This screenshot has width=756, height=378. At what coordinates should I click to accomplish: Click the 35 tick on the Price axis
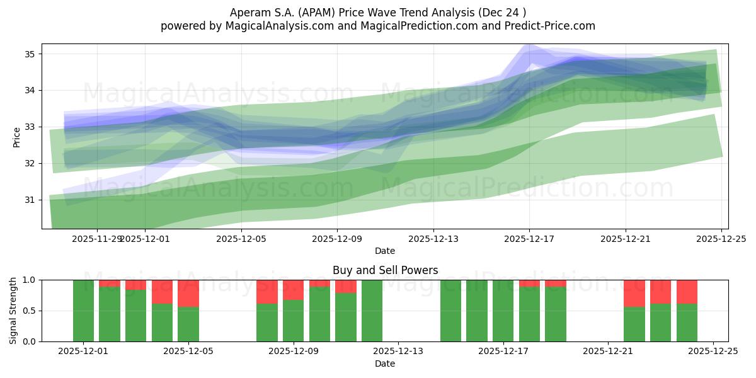(30, 54)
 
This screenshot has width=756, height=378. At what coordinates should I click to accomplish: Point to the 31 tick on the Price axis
(30, 200)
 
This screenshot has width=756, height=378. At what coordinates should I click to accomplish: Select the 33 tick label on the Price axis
(30, 127)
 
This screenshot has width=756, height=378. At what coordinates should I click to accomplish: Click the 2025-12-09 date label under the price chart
(337, 239)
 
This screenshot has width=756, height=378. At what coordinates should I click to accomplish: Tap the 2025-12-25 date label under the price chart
(721, 239)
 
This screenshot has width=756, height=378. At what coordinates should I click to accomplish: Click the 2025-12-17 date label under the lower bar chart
(503, 352)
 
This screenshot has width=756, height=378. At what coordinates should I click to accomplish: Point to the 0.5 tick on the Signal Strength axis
(30, 311)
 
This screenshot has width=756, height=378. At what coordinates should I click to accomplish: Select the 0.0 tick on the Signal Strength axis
(30, 341)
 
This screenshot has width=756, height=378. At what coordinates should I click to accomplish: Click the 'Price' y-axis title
(16, 136)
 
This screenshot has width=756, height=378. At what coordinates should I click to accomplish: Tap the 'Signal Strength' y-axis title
(13, 310)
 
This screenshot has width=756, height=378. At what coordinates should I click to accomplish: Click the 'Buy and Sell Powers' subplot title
(385, 270)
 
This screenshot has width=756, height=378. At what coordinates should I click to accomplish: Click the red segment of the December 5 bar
(188, 293)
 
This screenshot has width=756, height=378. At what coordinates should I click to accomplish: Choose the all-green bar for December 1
(83, 311)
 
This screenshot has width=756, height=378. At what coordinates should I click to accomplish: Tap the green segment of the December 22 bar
(634, 324)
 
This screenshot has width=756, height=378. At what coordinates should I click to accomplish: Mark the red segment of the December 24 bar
(687, 291)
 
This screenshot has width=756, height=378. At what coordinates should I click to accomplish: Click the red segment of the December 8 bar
(267, 291)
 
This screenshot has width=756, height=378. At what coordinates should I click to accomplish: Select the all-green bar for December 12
(372, 311)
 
